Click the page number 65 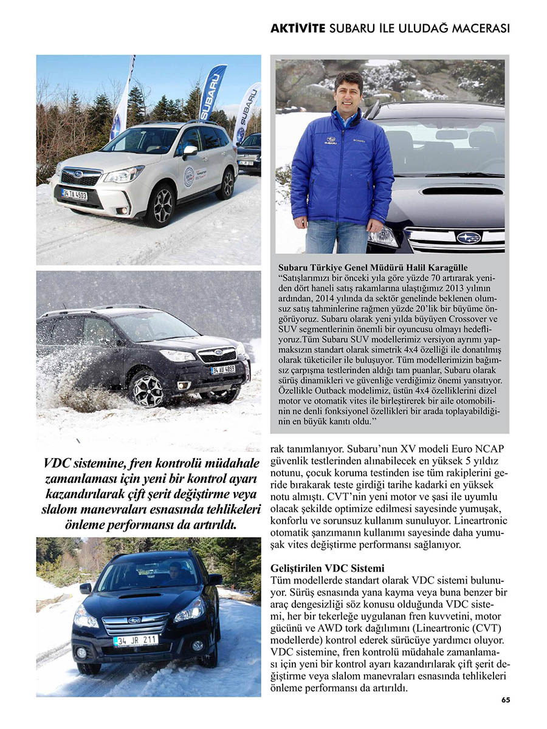(506, 700)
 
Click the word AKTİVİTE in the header (297, 29)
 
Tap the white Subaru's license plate (74, 194)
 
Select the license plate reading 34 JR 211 (136, 640)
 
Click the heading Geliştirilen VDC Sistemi (327, 569)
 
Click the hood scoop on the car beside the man (462, 190)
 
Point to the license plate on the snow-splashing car (223, 369)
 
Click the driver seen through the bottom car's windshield (173, 572)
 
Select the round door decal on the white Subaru (189, 176)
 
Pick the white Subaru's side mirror (190, 150)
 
